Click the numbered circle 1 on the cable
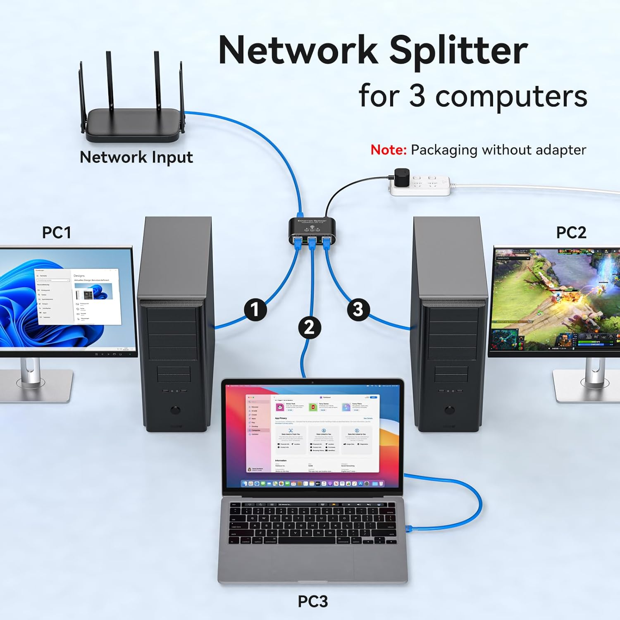[x=255, y=310]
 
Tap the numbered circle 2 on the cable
[x=310, y=327]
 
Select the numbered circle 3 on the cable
[x=358, y=310]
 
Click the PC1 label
[x=57, y=232]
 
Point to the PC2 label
[x=571, y=232]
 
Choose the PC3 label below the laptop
[x=313, y=601]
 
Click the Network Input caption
[x=136, y=157]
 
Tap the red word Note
[x=388, y=150]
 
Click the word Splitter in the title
[x=458, y=50]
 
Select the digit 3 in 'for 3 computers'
[x=417, y=96]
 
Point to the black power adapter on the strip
[x=401, y=177]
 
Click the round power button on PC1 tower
[x=176, y=410]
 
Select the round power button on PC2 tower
[x=450, y=410]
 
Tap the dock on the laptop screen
[x=312, y=483]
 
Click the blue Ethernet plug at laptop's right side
[x=409, y=528]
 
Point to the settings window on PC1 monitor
[x=78, y=296]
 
